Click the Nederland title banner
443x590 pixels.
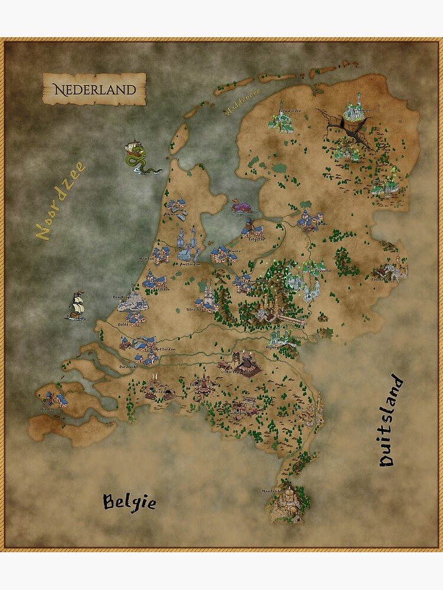[x=94, y=90]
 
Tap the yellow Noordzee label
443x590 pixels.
[x=60, y=201]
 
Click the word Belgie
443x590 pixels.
[x=130, y=502]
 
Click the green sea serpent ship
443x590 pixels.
[x=139, y=158]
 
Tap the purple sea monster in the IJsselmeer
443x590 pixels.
[x=243, y=206]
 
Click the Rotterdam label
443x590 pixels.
[x=167, y=349]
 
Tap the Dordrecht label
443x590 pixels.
[x=128, y=366]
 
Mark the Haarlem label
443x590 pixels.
[x=146, y=258]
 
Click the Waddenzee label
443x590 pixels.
[x=239, y=106]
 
